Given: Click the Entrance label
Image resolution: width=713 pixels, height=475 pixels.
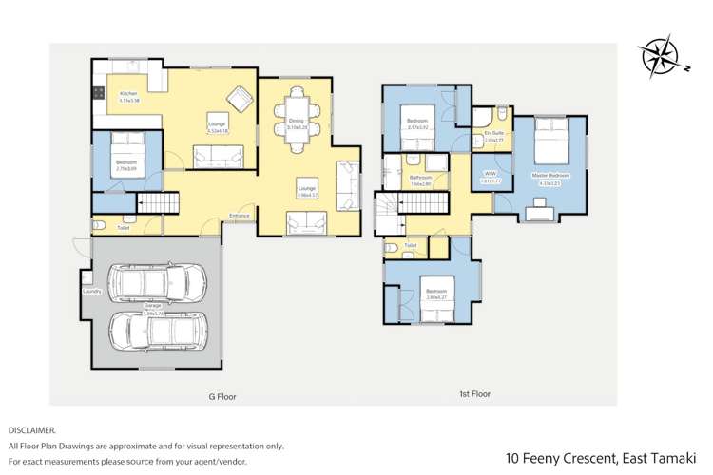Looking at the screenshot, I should point(240,217).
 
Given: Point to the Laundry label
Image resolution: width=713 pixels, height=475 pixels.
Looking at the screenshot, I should point(92,292).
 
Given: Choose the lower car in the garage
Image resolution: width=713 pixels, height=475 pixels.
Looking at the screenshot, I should point(153,330).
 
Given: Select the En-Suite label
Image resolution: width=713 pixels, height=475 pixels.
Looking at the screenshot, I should point(493,134).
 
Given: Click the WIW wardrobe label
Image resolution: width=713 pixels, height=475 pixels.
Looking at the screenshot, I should point(491,175).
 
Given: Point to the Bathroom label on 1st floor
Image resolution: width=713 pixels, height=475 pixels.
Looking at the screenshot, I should point(421,178).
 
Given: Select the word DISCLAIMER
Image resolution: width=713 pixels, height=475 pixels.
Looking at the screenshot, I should point(31,429).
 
